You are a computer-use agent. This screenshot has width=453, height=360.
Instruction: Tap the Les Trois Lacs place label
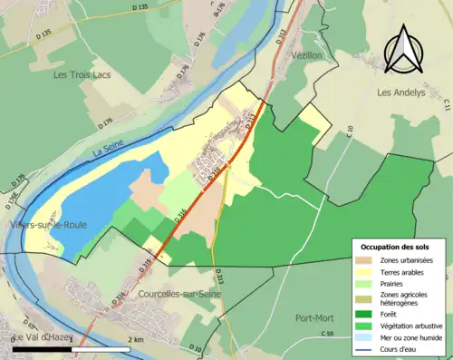tap(82, 74)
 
